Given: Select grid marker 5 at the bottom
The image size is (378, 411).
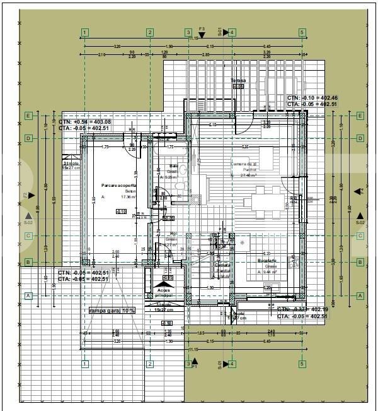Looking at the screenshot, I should [x=302, y=364].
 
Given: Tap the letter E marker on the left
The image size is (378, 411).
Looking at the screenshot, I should [x=28, y=116].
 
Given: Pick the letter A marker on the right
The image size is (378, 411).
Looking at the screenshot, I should [x=360, y=295].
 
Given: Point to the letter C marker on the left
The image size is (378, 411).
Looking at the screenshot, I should [x=28, y=235].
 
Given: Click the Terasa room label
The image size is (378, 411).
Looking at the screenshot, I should [x=238, y=81].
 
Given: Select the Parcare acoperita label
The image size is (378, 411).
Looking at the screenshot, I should [x=118, y=185].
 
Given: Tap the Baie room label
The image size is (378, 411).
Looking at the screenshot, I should [x=173, y=167].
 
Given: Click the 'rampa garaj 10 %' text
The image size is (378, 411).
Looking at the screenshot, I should [x=112, y=311].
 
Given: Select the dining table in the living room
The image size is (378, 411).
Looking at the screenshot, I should [x=271, y=202].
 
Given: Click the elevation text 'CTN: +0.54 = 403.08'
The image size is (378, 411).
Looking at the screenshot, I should [x=84, y=122].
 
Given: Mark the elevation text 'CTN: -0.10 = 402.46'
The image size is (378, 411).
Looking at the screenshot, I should [x=312, y=98].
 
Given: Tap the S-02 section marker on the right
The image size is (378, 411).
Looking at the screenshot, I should [x=360, y=222].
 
